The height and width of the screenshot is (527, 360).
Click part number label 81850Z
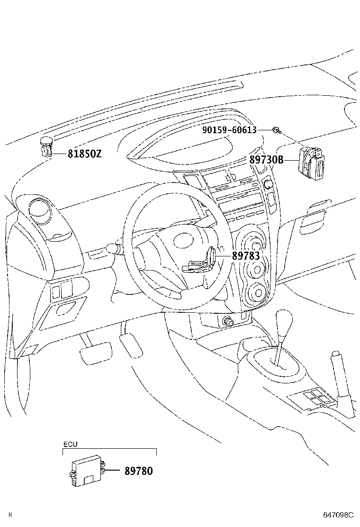point(84,154)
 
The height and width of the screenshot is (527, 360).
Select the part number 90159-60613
point(229,130)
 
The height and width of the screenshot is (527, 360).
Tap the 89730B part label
point(266,160)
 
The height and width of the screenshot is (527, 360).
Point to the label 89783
point(246,255)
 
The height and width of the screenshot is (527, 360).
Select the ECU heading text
point(70,445)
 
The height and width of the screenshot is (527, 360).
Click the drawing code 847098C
point(338,515)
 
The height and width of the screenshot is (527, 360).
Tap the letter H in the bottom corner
point(10,515)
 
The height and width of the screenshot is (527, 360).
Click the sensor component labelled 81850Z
point(45,146)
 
